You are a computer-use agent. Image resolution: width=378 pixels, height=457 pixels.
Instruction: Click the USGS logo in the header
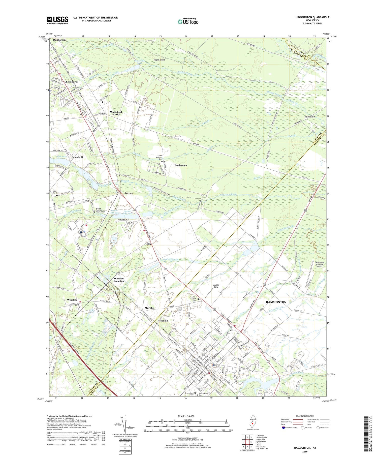click(x=57, y=20)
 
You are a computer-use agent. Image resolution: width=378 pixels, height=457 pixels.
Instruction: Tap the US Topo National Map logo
click(x=188, y=21)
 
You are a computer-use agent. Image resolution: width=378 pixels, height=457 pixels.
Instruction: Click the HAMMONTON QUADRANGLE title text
click(x=312, y=17)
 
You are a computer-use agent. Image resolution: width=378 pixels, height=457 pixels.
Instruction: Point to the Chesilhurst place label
click(x=71, y=82)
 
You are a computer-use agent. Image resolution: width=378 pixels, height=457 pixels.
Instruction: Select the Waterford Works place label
click(x=116, y=113)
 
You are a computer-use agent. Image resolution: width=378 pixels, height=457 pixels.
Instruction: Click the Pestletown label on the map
click(x=180, y=165)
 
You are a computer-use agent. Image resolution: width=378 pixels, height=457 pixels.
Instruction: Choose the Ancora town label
click(x=129, y=193)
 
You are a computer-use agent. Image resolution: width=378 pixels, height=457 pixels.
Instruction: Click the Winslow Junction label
click(x=119, y=280)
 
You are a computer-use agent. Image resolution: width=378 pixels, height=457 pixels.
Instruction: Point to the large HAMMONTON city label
click(x=276, y=302)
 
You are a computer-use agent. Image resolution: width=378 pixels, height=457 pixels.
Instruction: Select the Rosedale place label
click(x=163, y=321)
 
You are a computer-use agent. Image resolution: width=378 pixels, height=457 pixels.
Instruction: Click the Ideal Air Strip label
click(x=216, y=286)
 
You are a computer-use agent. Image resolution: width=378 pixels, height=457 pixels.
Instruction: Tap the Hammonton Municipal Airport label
click(x=319, y=264)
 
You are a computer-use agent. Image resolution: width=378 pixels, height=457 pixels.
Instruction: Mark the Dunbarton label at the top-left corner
click(x=59, y=40)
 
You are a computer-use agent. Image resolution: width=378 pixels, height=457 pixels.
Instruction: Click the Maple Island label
click(x=159, y=60)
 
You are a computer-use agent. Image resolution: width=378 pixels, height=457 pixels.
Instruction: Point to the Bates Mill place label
click(x=77, y=157)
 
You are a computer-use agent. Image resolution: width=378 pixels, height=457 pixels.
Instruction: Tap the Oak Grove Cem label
click(x=194, y=299)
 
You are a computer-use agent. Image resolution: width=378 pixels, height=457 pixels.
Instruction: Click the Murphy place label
click(x=149, y=308)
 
